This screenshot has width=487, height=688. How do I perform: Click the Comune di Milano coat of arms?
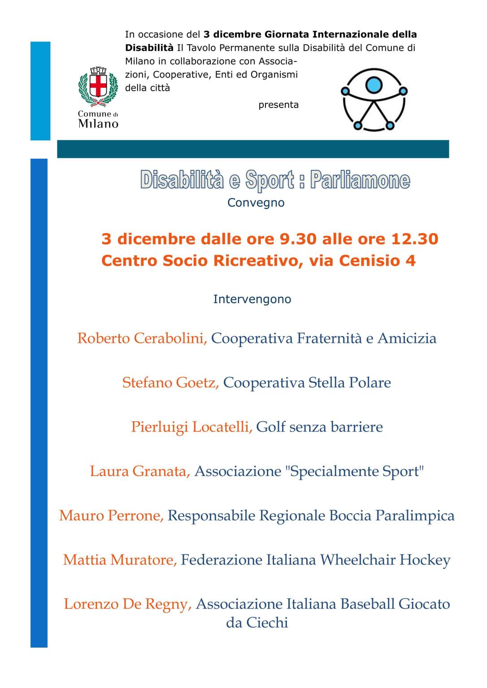click(98, 87)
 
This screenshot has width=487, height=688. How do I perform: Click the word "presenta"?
click(278, 105)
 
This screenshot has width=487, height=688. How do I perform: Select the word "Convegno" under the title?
click(256, 203)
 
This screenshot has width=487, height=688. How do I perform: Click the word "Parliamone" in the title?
click(360, 180)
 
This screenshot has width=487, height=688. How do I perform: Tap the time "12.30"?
click(414, 239)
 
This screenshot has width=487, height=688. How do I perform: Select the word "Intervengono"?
click(252, 299)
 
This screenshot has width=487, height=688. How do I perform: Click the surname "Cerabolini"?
click(170, 338)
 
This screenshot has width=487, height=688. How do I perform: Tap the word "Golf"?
click(271, 427)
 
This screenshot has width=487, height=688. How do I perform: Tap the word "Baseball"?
click(367, 604)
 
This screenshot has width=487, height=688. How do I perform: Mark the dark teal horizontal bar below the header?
click(253, 149)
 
